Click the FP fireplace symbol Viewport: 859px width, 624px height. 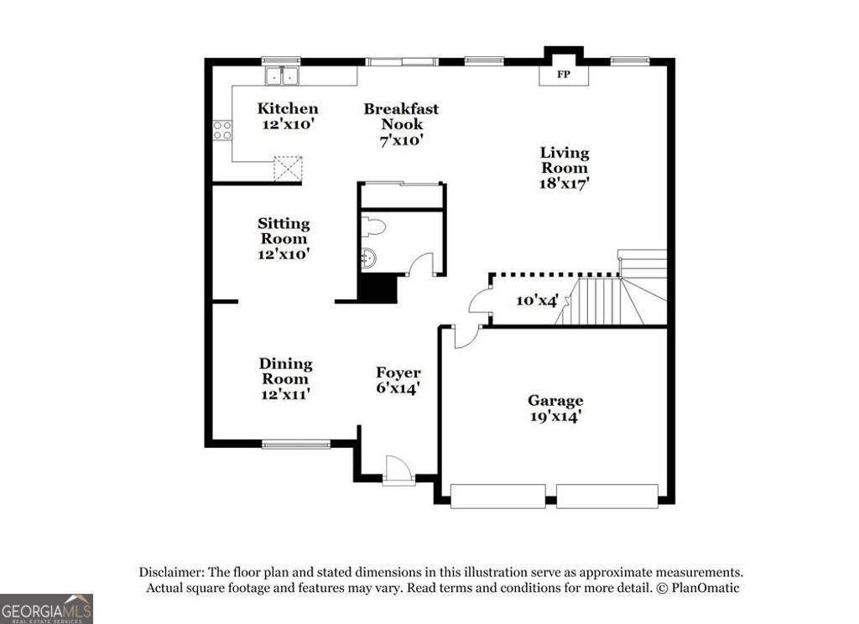click(x=563, y=75)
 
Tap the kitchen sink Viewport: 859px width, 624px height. click(x=283, y=76)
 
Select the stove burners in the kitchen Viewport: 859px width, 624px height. click(x=222, y=130)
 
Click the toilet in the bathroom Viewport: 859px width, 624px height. click(x=373, y=226)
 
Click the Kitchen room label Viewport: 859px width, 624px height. click(x=287, y=108)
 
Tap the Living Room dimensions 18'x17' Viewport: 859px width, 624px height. click(x=564, y=183)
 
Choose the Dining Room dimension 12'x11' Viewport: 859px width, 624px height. click(x=285, y=393)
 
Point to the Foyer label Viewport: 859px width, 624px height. click(x=398, y=372)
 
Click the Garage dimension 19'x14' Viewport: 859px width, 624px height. click(x=555, y=415)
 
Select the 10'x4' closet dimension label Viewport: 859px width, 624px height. click(x=537, y=299)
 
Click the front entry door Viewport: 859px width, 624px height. click(x=398, y=471)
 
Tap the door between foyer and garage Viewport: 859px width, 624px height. click(x=465, y=336)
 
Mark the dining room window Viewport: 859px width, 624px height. click(x=296, y=444)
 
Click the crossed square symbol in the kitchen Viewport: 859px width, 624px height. click(x=289, y=169)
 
